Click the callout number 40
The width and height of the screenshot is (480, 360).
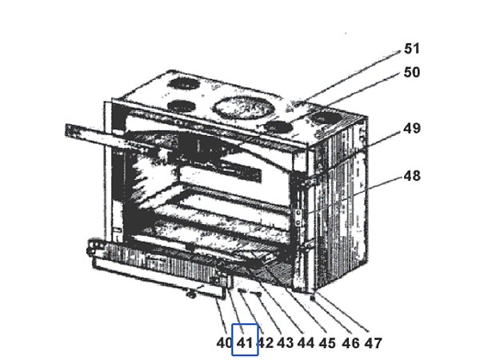[224, 343]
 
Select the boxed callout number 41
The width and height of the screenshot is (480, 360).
[245, 343]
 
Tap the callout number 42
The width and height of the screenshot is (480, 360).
[265, 343]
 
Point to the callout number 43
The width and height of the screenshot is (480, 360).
[285, 343]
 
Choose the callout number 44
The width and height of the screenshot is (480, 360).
[305, 343]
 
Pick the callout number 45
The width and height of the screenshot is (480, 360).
[326, 343]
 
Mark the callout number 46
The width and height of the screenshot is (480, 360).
[350, 343]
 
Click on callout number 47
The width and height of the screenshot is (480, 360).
[373, 343]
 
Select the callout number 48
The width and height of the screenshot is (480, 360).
[412, 175]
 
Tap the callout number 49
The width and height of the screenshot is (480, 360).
[412, 128]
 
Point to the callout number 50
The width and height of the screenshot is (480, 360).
[412, 72]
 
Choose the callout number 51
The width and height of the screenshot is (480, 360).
[412, 50]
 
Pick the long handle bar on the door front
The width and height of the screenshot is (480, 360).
[160, 275]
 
